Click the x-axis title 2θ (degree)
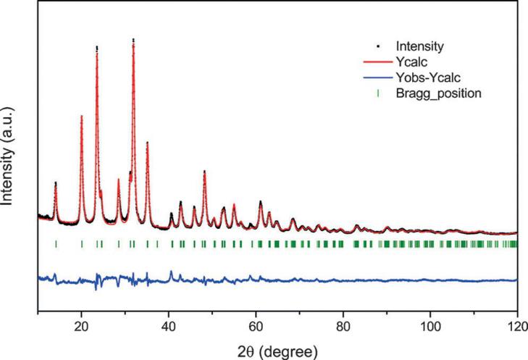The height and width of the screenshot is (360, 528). point(277,351)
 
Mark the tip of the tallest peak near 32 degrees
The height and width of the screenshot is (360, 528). point(133,40)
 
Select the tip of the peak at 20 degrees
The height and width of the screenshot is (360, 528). point(82,116)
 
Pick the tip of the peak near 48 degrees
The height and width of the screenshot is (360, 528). point(204,171)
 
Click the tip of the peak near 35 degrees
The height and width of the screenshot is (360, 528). point(147,142)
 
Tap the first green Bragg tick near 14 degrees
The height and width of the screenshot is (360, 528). point(56,244)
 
